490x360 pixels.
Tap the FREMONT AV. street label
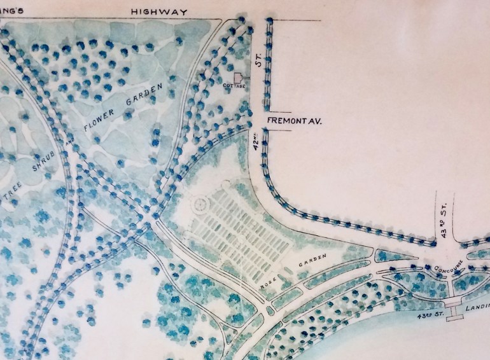(x=291, y=120)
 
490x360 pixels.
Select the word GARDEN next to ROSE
(x=314, y=260)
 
